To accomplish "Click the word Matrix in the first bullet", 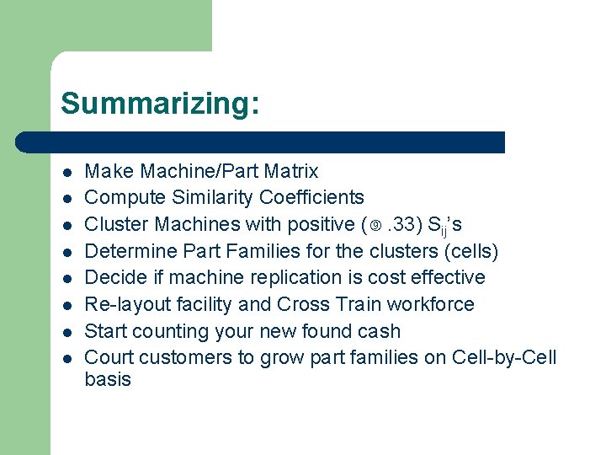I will click(290, 171).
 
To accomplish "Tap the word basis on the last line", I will click(108, 379).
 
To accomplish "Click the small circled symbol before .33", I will click(375, 225).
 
